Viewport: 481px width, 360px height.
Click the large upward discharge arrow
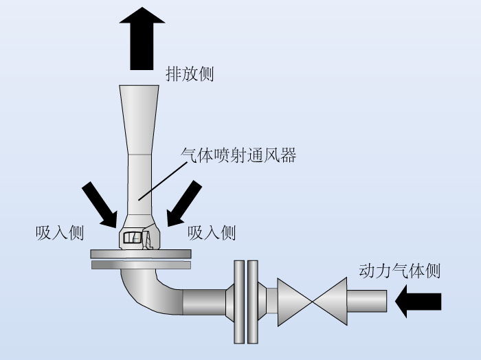click(x=142, y=38)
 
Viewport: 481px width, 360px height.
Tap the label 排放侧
click(x=190, y=74)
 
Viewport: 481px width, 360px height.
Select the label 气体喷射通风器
click(x=238, y=155)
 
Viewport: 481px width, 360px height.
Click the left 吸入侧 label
click(x=60, y=233)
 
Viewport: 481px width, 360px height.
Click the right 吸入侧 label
click(x=212, y=233)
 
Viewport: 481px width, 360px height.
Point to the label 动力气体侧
click(x=399, y=271)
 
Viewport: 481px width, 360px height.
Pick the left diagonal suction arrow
click(x=100, y=205)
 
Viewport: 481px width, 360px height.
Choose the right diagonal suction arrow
click(x=184, y=203)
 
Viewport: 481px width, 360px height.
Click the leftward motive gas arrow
click(x=418, y=301)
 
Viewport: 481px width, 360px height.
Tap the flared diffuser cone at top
click(x=139, y=120)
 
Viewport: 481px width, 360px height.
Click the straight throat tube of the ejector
click(x=139, y=185)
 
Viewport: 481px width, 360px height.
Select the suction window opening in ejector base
click(x=132, y=237)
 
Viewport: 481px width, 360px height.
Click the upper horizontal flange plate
click(x=141, y=254)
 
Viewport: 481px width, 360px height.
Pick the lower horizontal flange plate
click(x=141, y=265)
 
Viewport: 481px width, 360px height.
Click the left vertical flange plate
click(x=239, y=302)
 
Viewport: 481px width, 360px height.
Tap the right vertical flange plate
click(x=253, y=302)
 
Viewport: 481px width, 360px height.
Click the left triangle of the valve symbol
click(x=293, y=302)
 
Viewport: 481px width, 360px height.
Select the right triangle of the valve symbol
click(x=331, y=302)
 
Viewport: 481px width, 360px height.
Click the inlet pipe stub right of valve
click(x=367, y=301)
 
